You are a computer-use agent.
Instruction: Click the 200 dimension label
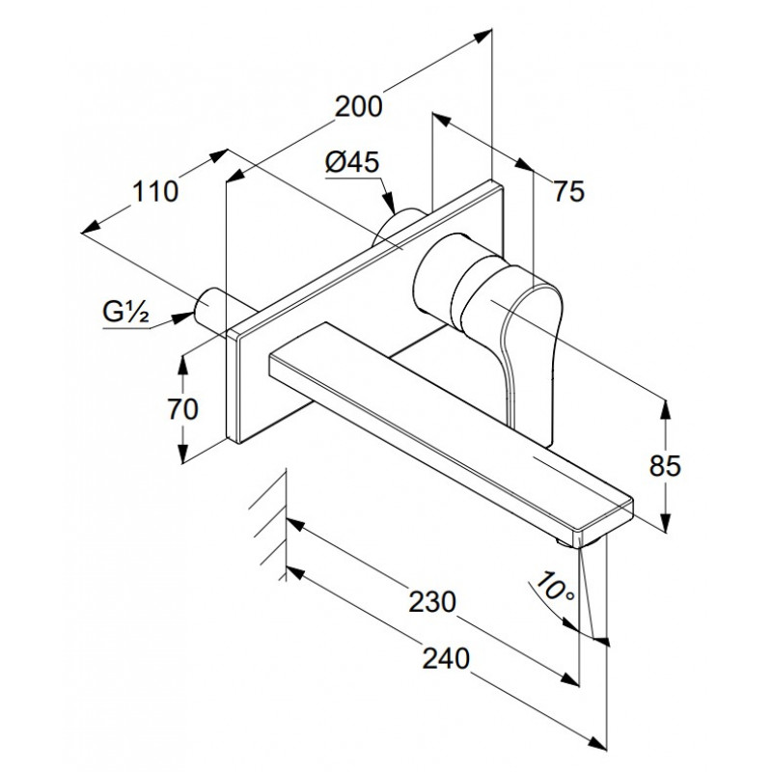(358, 106)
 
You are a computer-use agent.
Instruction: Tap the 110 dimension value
(155, 191)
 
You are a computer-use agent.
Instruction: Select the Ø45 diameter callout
(352, 161)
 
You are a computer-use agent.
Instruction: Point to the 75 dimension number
(569, 190)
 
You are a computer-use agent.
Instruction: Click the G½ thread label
(125, 311)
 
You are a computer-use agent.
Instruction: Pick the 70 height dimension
(182, 408)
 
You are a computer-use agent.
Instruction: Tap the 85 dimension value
(665, 465)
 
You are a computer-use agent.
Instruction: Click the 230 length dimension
(432, 601)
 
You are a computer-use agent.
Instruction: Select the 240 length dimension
(446, 659)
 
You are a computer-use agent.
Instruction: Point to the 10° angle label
(555, 587)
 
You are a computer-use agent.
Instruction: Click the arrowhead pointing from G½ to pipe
(183, 317)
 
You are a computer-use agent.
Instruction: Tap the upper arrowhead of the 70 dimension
(182, 366)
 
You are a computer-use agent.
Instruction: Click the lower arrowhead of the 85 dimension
(665, 522)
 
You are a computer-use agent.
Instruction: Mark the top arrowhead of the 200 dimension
(482, 36)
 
